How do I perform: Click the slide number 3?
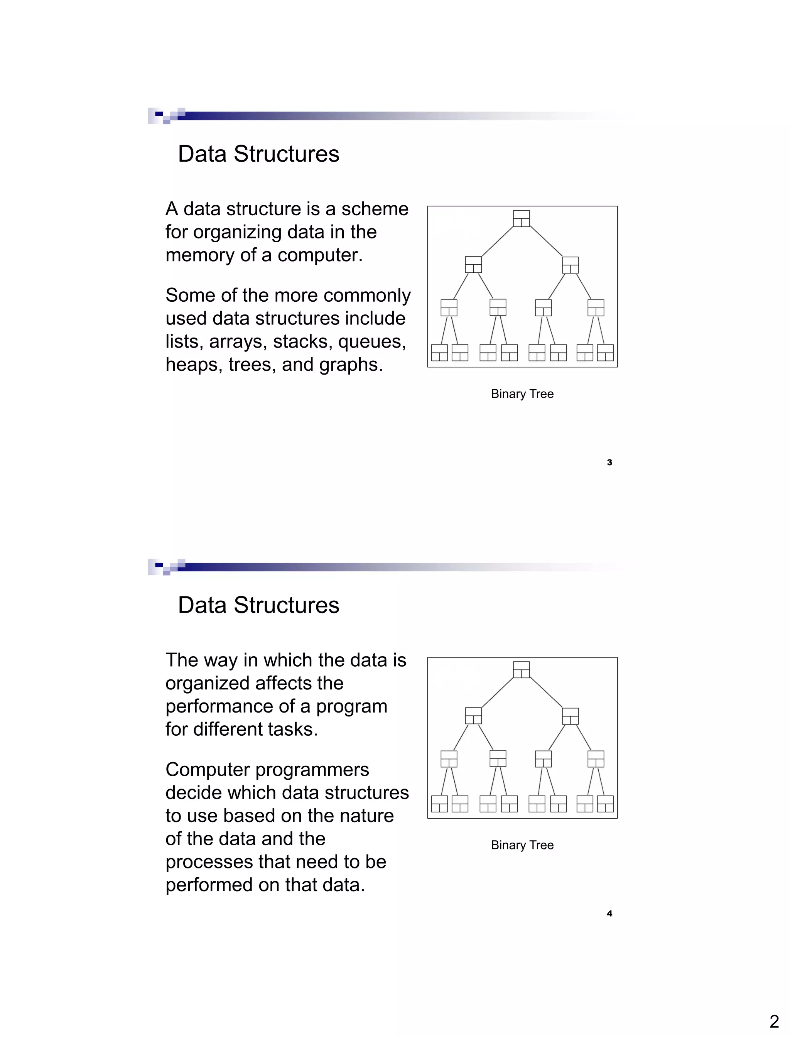609,462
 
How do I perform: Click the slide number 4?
609,913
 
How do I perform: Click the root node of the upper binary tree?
522,219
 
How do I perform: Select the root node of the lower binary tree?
522,670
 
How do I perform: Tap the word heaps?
194,365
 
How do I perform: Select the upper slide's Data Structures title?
258,154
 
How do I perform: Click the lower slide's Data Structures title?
258,605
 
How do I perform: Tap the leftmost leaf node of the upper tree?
439,353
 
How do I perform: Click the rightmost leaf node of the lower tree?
605,804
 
